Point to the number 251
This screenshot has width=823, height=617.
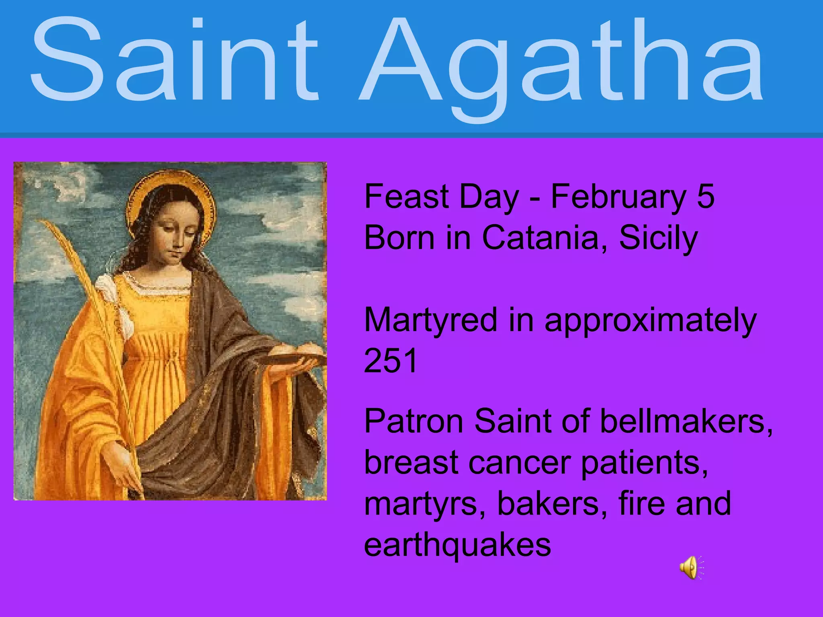click(391, 361)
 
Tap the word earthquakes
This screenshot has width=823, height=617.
click(457, 545)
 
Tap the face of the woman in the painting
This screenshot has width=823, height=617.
click(177, 237)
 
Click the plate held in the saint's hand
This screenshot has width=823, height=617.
click(299, 358)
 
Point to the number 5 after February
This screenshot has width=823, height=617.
click(706, 197)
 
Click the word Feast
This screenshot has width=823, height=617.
click(406, 197)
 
